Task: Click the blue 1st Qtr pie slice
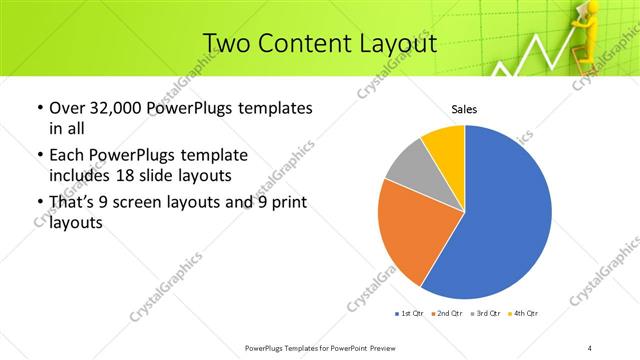pos(500,220)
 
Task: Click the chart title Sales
pos(463,108)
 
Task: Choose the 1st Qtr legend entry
pos(410,315)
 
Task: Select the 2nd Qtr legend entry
pos(448,315)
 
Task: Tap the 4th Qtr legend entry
pos(523,315)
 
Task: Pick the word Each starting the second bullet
pos(66,155)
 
